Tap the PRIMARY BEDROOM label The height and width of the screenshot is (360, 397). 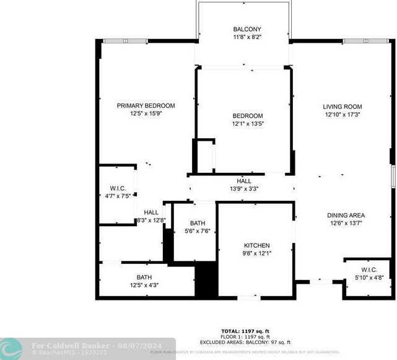coord(146,105)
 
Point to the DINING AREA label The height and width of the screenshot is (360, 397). coord(346,216)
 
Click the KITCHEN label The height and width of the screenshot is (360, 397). coord(256,245)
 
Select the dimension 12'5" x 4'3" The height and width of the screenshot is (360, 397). coord(144,285)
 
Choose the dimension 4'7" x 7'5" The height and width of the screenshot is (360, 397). coord(118,196)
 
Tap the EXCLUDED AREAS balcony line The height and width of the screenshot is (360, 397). coord(245,342)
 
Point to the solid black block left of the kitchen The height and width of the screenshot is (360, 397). coord(206,279)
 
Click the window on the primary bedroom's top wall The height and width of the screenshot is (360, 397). coord(125,42)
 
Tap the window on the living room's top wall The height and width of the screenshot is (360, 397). coord(366,42)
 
